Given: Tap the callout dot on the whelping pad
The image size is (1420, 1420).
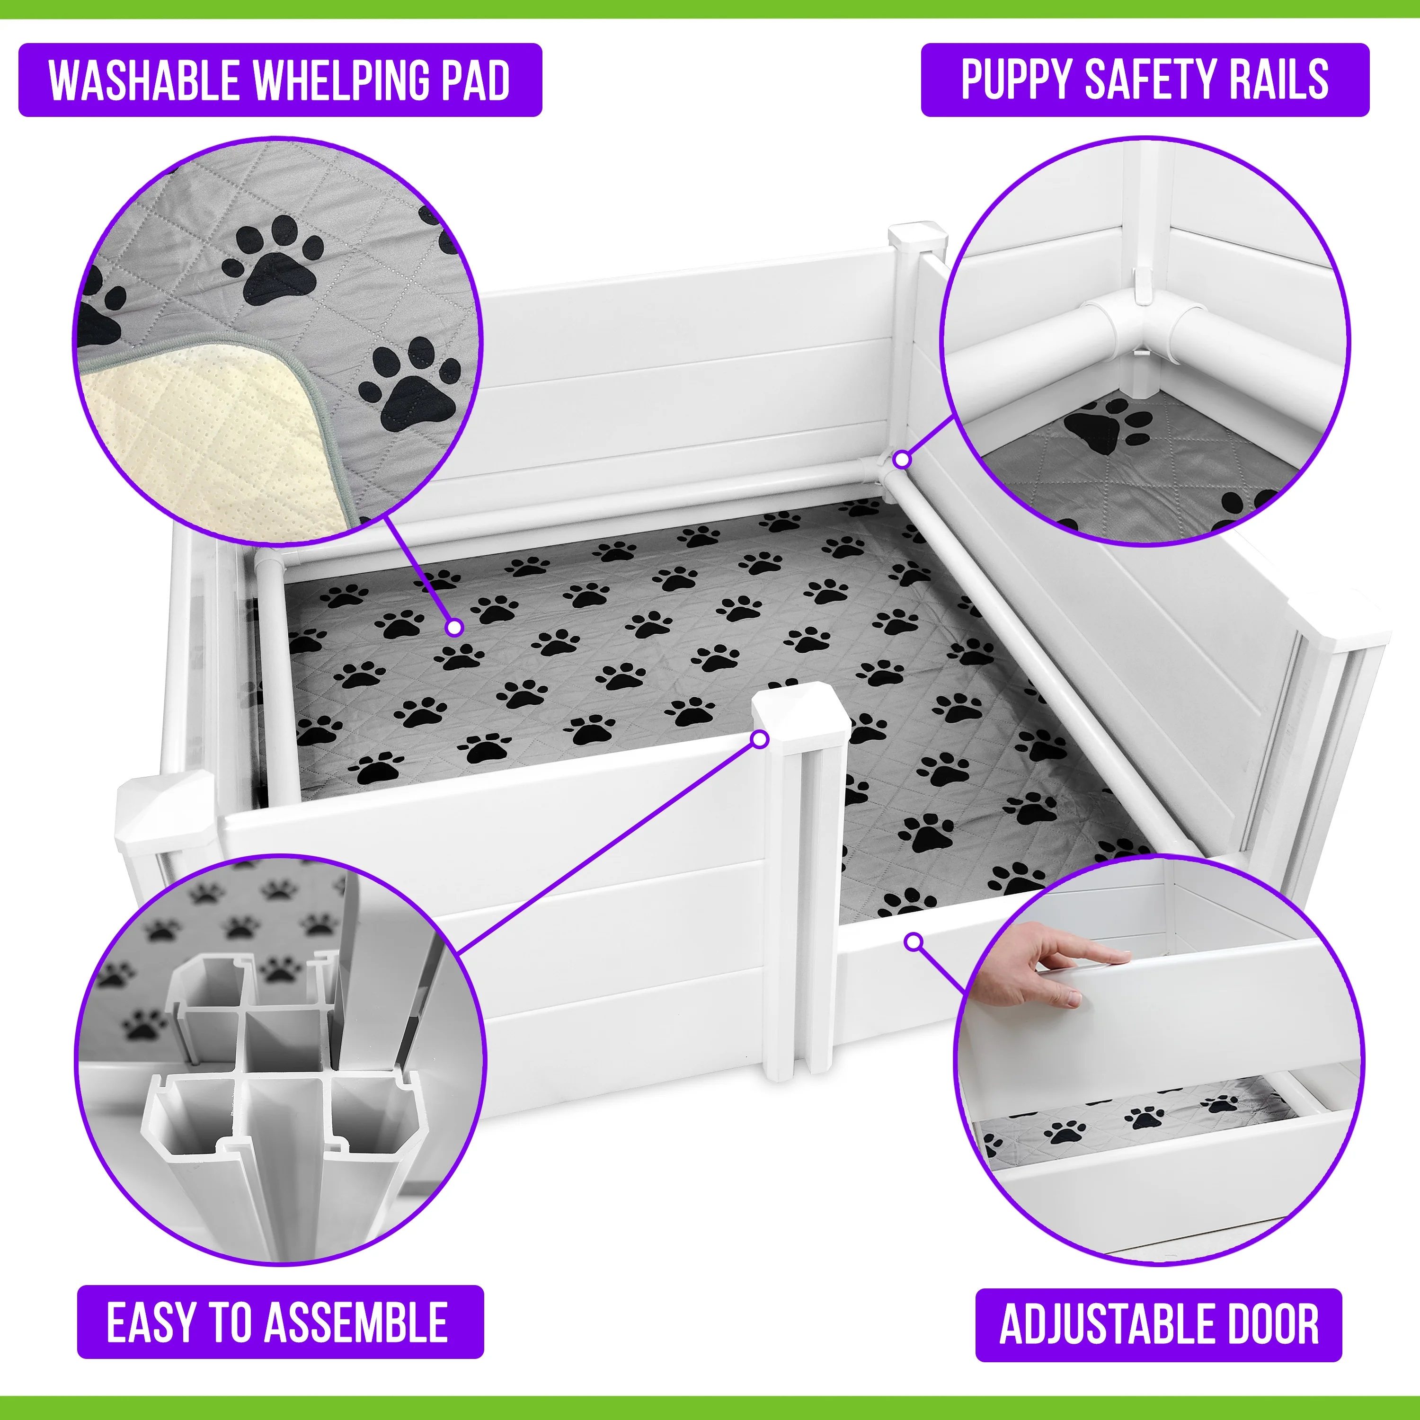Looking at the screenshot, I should pos(455,627).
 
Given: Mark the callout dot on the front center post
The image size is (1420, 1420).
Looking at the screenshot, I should pos(761,739).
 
